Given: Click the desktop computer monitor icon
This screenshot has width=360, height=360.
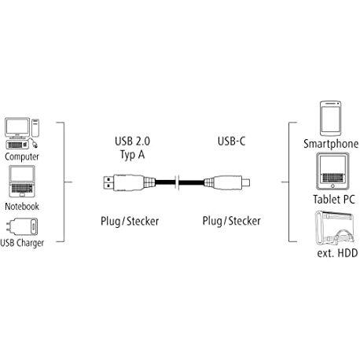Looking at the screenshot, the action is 17,127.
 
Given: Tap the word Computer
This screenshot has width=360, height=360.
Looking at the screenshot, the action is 22,156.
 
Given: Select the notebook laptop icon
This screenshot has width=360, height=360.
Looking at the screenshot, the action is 22,182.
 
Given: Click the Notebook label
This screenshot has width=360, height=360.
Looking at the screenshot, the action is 22,206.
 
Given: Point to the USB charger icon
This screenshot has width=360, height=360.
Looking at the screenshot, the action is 22,226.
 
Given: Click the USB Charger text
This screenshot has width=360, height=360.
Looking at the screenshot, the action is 22,243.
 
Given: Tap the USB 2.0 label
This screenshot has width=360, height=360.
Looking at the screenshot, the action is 132,141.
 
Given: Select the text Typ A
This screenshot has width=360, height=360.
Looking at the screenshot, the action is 132,155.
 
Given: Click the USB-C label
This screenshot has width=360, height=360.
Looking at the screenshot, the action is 231,141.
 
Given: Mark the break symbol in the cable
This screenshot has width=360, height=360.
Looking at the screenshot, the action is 177,182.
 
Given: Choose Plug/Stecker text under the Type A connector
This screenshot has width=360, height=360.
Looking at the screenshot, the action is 130,221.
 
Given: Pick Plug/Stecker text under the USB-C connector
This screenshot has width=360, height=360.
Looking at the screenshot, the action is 231,221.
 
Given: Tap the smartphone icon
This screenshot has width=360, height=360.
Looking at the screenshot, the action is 331,119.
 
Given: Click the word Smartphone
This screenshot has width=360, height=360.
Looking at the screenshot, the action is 331,144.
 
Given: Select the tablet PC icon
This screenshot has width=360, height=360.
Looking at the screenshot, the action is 332,171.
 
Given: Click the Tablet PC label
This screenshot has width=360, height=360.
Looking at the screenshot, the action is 334,200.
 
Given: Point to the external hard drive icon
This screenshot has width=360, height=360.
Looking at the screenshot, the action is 335,228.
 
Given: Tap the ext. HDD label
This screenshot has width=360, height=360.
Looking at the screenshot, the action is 337,253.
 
